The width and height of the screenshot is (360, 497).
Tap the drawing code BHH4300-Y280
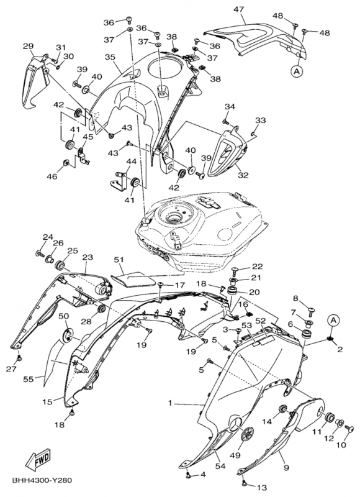point(42,481)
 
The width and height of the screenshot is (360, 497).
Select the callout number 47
point(239,9)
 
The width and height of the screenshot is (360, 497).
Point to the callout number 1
point(170,403)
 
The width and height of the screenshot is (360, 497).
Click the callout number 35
point(110,57)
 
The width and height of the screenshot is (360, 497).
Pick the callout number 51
point(119,260)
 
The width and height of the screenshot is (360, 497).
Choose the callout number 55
point(29,379)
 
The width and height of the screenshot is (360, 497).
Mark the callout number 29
point(28,46)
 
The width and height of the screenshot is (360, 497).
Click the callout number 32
point(243,175)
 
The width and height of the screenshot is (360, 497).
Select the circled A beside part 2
point(333,321)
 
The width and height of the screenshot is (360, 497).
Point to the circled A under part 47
point(297,71)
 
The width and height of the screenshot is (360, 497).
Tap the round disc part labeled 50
point(67,335)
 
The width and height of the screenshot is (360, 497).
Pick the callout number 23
point(88,257)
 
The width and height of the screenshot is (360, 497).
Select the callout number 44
point(131,162)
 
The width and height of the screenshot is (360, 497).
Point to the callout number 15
point(48,401)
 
